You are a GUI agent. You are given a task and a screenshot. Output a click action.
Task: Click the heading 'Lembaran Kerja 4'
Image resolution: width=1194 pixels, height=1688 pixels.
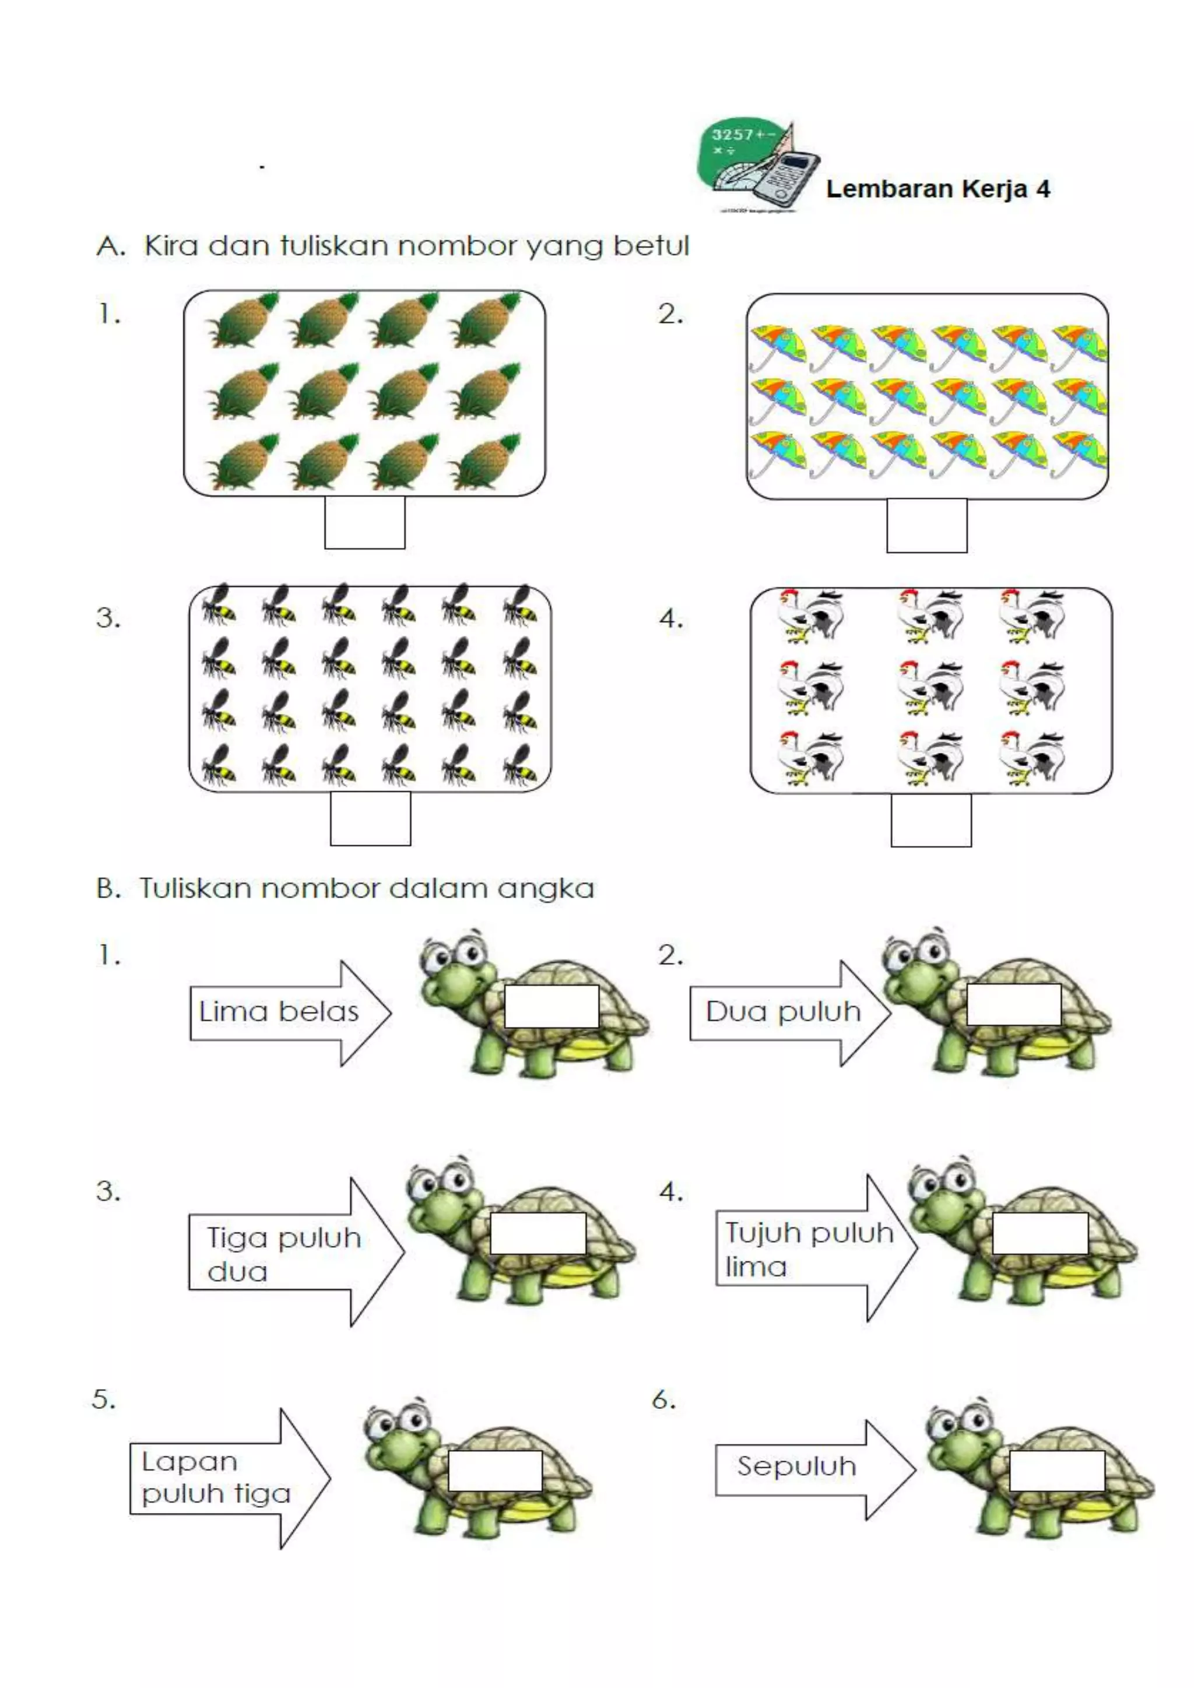tap(937, 189)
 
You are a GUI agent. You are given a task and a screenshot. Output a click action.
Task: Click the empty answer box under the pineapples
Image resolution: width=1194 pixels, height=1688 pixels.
tap(364, 522)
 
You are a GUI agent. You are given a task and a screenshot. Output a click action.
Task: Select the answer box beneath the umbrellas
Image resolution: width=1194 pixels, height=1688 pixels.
tap(926, 525)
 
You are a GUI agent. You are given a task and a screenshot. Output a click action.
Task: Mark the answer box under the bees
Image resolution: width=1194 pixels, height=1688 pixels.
tap(370, 818)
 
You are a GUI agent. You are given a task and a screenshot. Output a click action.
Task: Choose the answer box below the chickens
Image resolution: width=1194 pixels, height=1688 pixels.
tap(931, 820)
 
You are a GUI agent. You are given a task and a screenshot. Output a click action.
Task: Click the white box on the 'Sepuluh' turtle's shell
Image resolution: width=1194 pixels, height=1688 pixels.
tap(1056, 1471)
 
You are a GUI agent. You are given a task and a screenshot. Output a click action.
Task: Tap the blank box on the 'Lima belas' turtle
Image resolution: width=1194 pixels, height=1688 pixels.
tap(552, 1005)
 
